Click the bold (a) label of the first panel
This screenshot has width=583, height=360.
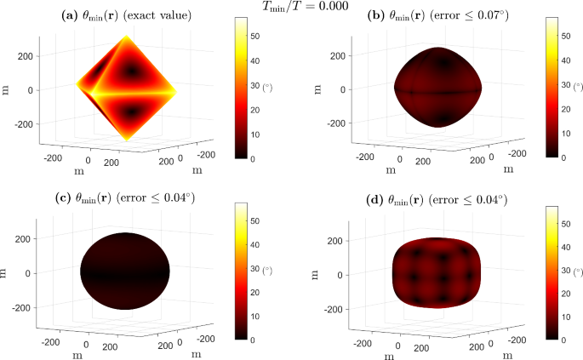[69, 16]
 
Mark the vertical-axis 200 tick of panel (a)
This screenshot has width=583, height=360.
[26, 55]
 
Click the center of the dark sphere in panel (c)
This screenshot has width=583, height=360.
[125, 272]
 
